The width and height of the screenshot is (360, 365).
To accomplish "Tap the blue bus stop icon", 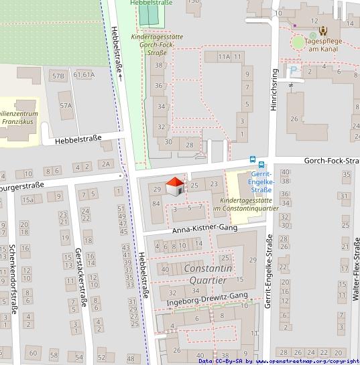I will pyautogui.click(x=253, y=160).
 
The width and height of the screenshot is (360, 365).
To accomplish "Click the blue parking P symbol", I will pyautogui.click(x=293, y=70).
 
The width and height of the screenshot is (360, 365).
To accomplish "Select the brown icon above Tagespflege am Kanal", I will pyautogui.click(x=323, y=30).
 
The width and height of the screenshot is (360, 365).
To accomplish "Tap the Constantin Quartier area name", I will pyautogui.click(x=208, y=275).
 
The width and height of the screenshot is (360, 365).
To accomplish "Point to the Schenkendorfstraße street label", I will pyautogui.click(x=12, y=279).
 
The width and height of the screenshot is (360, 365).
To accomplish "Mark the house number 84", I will pyautogui.click(x=156, y=203).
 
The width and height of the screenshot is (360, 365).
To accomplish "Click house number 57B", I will pyautogui.click(x=58, y=76).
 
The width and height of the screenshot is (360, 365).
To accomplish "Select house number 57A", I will pyautogui.click(x=66, y=106).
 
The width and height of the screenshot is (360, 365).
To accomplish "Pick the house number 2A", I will pyautogui.click(x=105, y=164).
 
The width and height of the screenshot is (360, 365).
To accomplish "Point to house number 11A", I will pyautogui.click(x=224, y=58).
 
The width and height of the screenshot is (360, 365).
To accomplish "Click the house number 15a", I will pyautogui.click(x=27, y=200).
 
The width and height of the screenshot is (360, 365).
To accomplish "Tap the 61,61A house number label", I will pyautogui.click(x=84, y=75).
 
